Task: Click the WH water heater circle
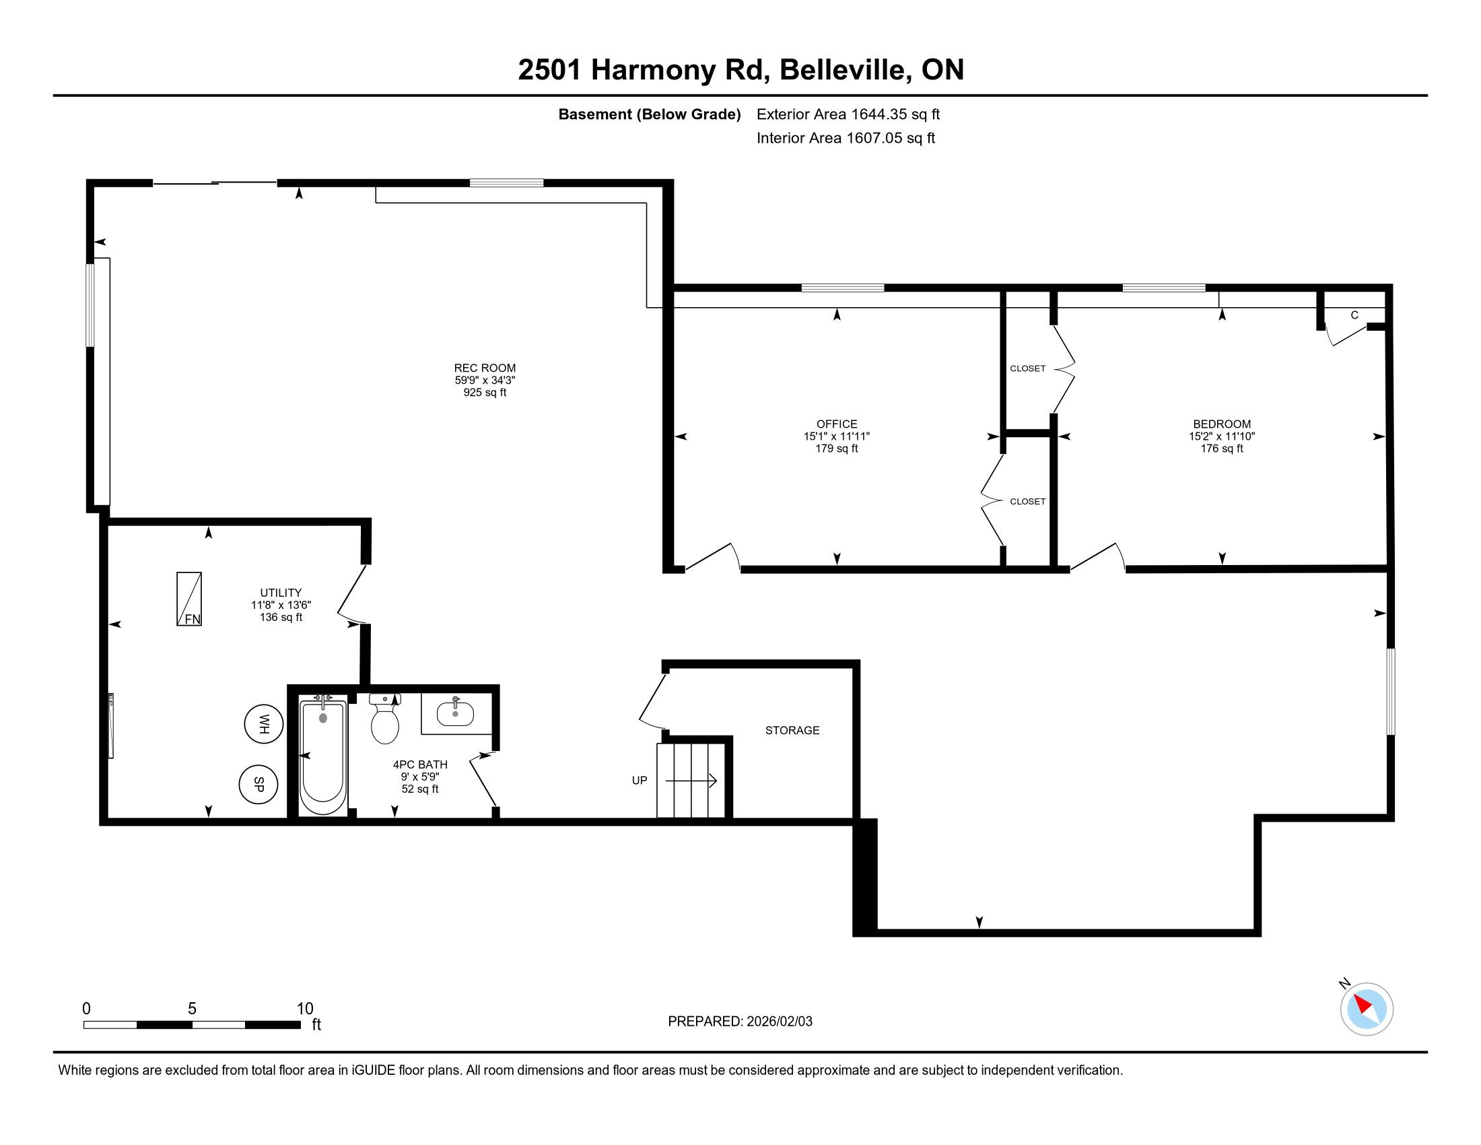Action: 264,724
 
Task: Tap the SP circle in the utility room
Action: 259,784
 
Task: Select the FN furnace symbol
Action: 189,599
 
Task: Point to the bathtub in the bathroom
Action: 322,756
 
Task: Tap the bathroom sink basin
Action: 455,712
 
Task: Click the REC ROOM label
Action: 485,368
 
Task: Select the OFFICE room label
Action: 837,424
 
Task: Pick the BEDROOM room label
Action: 1222,424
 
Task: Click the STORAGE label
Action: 792,731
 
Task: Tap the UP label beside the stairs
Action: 640,781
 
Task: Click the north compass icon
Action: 1367,1009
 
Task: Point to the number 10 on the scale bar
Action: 305,1009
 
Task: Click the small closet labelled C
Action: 1354,315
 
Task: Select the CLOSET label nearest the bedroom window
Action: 1027,368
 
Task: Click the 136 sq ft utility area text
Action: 281,617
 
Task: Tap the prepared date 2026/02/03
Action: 778,1022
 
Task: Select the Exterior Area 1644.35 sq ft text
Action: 848,115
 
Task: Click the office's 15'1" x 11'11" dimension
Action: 837,436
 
